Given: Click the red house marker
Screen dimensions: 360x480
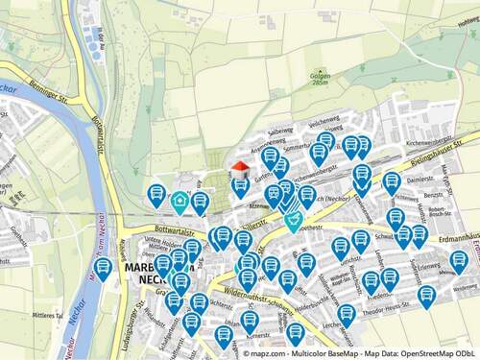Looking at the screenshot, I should [240, 170].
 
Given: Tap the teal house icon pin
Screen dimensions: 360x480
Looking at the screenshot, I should [180, 202].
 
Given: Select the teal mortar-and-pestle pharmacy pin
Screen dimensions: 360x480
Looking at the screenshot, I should [293, 223].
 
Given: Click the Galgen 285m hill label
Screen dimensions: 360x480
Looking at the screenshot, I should [322, 79].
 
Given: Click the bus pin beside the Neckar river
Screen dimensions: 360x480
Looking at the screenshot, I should [103, 269].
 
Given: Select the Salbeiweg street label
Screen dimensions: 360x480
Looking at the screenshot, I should [279, 131].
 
